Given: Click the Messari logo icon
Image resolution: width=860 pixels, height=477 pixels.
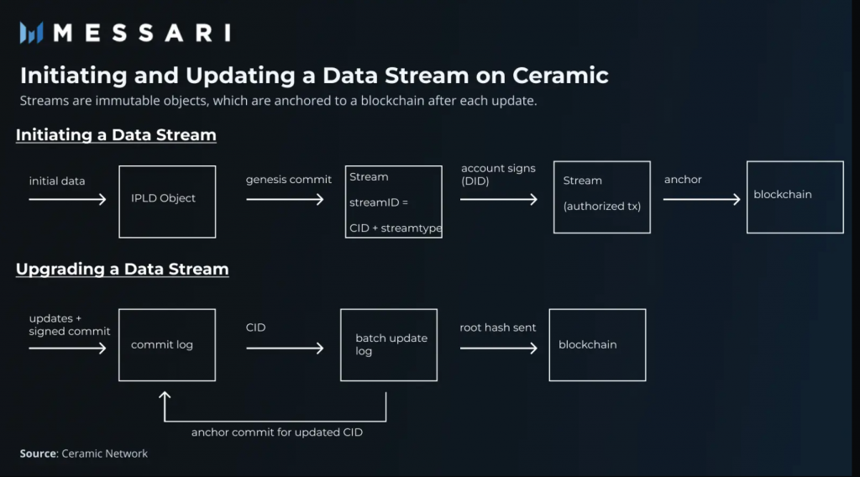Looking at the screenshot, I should point(32,33).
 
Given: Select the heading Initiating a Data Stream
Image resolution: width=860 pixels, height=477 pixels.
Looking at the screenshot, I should point(116,134).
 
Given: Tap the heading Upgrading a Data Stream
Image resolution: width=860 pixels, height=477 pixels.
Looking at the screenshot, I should point(123,270).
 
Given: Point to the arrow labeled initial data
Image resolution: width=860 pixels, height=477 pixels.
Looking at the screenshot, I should point(67,200).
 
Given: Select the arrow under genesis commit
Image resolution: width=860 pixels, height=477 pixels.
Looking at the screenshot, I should point(285,200).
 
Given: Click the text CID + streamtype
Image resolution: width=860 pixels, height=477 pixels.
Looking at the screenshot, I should point(395,228).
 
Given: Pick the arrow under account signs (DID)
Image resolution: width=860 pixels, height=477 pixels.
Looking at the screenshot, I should point(499,200).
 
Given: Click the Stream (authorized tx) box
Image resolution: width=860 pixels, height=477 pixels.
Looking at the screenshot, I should point(602,197).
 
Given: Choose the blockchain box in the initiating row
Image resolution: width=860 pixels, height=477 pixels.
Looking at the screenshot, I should point(794,197).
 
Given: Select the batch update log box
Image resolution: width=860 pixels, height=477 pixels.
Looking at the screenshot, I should point(388,344).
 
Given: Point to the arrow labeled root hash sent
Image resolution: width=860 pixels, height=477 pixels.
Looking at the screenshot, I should point(499,347).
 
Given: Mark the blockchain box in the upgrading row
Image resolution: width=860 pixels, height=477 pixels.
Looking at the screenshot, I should point(597,345).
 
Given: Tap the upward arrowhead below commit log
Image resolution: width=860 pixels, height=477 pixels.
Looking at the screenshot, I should point(165,395).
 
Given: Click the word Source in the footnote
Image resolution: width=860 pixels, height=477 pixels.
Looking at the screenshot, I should point(39,453).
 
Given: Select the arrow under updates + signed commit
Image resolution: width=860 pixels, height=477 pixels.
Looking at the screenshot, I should point(67,347).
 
